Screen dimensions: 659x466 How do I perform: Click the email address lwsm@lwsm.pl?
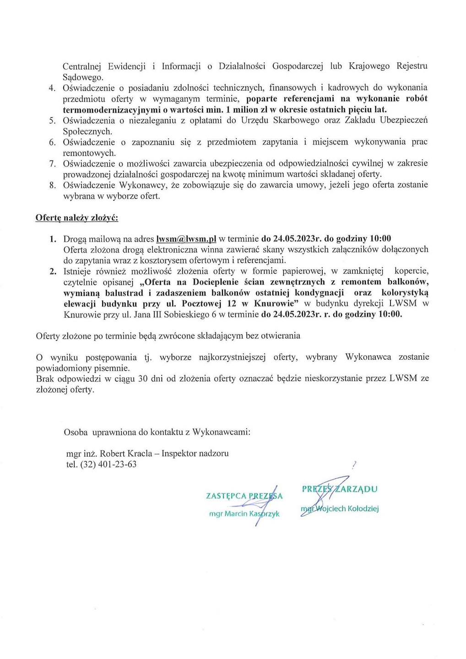click(x=186, y=238)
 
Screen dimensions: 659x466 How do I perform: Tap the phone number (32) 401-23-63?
click(x=108, y=465)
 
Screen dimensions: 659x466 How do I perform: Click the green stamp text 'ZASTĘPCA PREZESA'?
click(x=244, y=496)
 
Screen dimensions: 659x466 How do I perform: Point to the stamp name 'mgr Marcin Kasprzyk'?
click(x=244, y=513)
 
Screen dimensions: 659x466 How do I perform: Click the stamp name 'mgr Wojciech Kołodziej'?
click(x=340, y=508)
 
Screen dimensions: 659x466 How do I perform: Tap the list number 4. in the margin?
click(x=52, y=88)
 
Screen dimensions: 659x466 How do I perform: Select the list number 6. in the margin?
click(x=52, y=142)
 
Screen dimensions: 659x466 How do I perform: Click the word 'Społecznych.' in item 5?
click(x=87, y=131)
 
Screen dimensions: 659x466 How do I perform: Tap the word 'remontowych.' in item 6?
click(x=89, y=153)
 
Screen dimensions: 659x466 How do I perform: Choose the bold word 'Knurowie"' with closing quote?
click(x=278, y=303)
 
